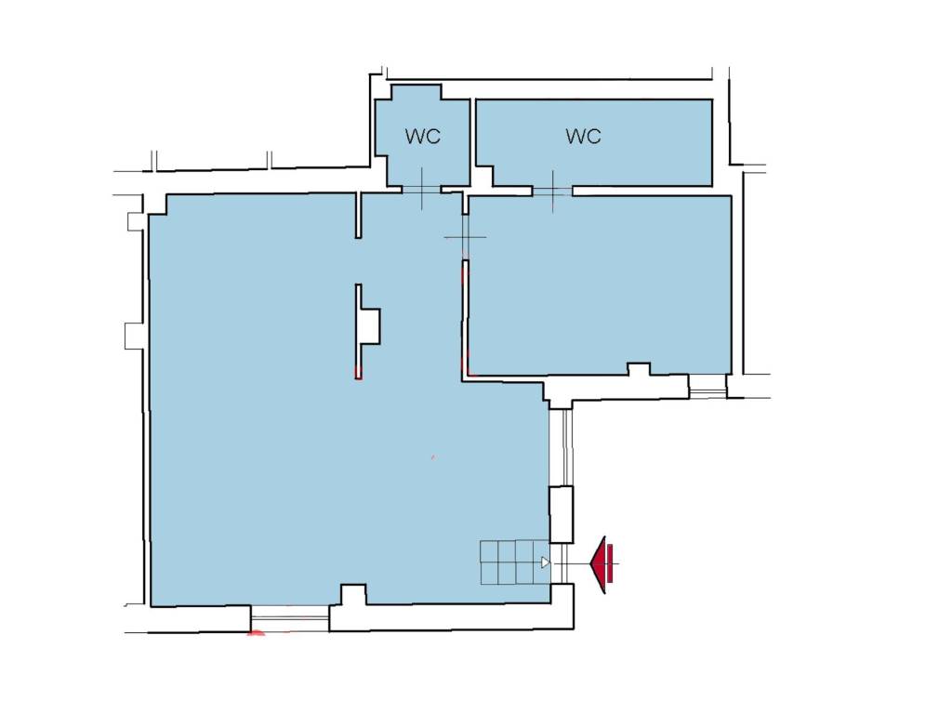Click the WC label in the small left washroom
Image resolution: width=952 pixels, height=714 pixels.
click(x=423, y=136)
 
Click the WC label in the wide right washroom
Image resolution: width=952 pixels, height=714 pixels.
click(x=584, y=136)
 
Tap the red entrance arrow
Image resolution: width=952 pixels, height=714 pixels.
click(x=602, y=564)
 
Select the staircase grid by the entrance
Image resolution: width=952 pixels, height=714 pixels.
click(x=515, y=562)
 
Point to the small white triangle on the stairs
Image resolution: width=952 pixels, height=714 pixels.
click(x=546, y=562)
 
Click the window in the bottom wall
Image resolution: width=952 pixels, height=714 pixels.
click(x=290, y=618)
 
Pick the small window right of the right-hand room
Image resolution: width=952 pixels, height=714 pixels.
click(x=707, y=386)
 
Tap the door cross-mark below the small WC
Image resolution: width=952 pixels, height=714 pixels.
click(x=422, y=189)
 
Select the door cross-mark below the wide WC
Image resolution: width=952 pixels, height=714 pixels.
click(x=552, y=192)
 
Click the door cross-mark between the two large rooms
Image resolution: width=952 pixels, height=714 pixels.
click(x=465, y=237)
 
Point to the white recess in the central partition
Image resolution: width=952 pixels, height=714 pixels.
click(x=368, y=326)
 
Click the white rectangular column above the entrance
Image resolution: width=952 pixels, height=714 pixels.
click(x=561, y=515)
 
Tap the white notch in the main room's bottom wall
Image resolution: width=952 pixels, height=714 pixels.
click(x=353, y=594)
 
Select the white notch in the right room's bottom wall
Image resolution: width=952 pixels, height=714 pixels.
click(x=639, y=369)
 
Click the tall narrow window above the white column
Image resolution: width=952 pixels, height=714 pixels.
click(x=566, y=447)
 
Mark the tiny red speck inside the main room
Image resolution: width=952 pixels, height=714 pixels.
click(x=433, y=456)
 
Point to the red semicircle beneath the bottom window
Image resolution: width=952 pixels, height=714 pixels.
click(x=257, y=633)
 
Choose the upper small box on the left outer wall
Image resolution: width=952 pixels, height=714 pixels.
click(x=137, y=221)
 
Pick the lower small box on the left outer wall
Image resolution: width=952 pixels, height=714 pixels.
click(x=135, y=337)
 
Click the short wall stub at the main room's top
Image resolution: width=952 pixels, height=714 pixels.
click(x=359, y=216)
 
